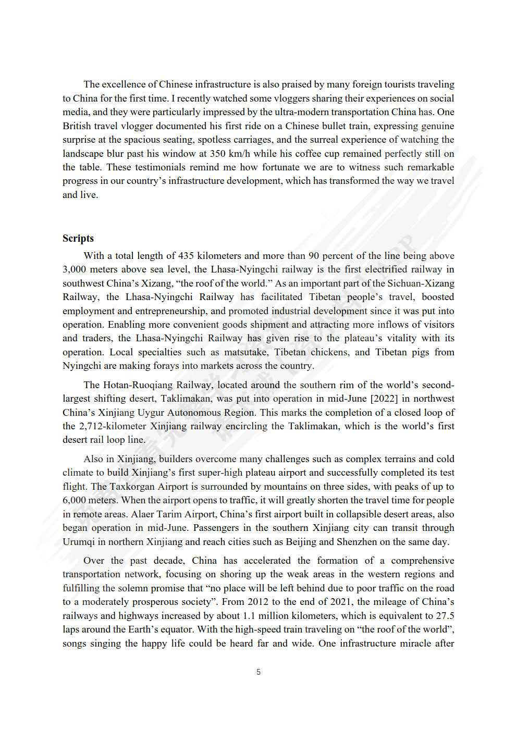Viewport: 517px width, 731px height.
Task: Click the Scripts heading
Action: (78, 239)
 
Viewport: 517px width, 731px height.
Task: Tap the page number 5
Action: (258, 672)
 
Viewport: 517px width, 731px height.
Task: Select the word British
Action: (77, 126)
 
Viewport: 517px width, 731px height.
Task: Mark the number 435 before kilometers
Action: (186, 256)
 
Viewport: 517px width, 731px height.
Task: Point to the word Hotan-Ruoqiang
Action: (138, 385)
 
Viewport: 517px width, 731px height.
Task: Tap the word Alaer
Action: (142, 514)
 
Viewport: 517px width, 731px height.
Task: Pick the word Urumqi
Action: (79, 542)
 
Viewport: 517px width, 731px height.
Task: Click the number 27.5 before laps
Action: (445, 616)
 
